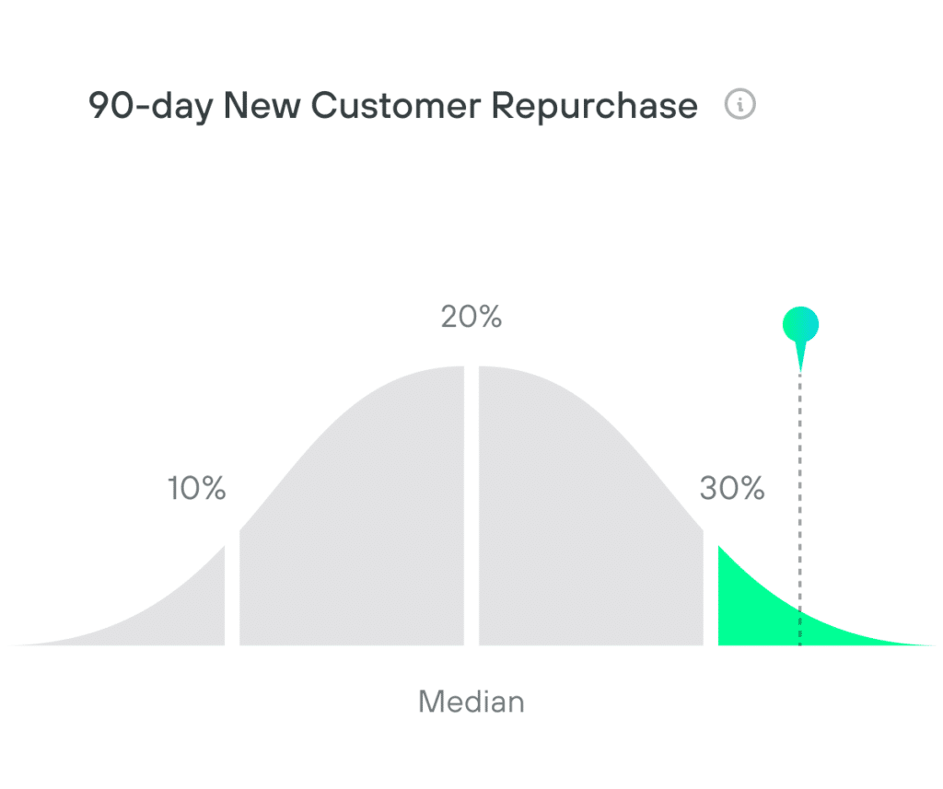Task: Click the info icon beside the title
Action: (740, 105)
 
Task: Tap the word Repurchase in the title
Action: (594, 107)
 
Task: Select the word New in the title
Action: (263, 107)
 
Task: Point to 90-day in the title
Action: (150, 107)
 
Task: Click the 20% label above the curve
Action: (471, 318)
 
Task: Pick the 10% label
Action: (196, 489)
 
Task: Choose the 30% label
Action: (732, 489)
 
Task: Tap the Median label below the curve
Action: (471, 702)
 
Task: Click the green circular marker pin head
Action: (800, 324)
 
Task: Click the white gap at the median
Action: (471, 506)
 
